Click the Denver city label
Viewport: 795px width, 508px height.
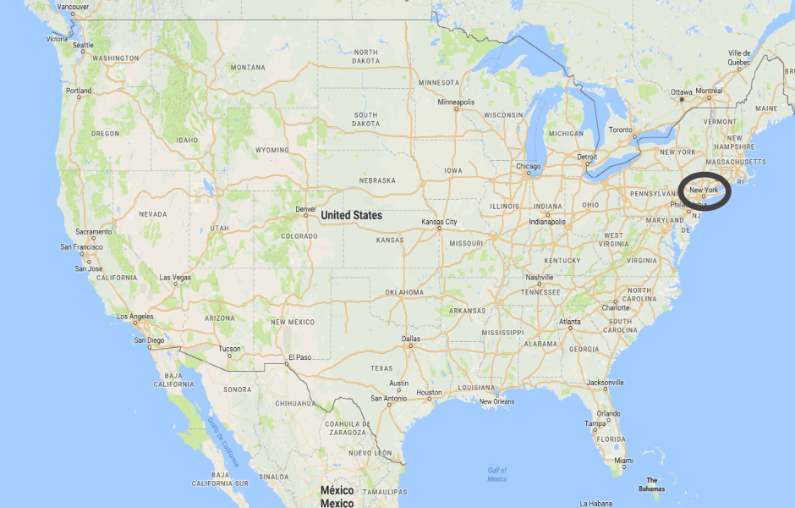(x=306, y=208)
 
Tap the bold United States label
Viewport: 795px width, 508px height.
(x=351, y=215)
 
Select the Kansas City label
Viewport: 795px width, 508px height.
(x=439, y=222)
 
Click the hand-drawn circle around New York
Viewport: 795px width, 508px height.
(x=704, y=191)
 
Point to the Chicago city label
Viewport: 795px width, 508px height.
(x=529, y=166)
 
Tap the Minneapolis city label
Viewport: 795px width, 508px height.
(x=456, y=102)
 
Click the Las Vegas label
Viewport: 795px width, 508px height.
(x=175, y=278)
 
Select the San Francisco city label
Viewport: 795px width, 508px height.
(x=81, y=247)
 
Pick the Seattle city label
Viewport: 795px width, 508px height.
(x=83, y=45)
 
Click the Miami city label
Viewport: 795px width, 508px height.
(x=623, y=461)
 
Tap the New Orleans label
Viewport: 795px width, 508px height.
(x=497, y=401)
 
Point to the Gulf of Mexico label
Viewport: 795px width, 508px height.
(x=497, y=474)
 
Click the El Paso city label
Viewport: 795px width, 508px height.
(x=299, y=357)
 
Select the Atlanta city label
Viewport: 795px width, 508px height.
(x=569, y=322)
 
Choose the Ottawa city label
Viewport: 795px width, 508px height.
(x=682, y=91)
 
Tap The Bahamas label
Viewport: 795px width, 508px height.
(x=651, y=484)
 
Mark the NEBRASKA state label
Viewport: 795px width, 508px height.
(x=377, y=180)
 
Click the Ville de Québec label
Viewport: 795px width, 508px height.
(x=739, y=57)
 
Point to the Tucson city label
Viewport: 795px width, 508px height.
(x=229, y=349)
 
